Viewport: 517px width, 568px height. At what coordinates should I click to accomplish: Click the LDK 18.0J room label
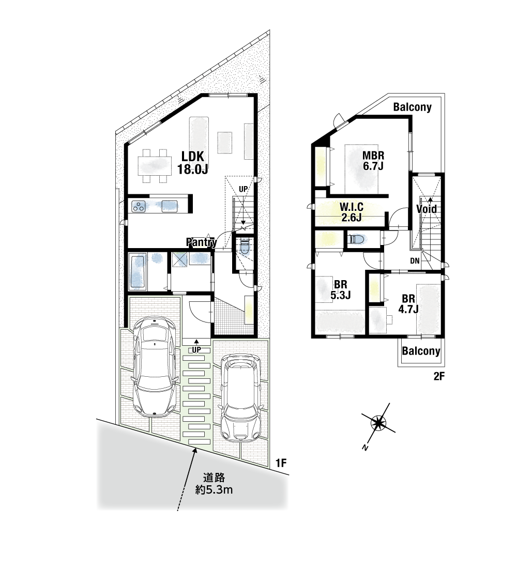click(192, 163)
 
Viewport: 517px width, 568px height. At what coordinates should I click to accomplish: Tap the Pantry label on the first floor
click(202, 242)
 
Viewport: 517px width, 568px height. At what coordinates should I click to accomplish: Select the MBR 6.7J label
click(373, 161)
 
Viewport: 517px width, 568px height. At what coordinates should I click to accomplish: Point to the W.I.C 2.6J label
click(352, 212)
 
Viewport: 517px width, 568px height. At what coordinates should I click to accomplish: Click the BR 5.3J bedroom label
click(341, 290)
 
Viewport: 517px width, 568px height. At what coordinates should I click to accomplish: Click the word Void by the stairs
click(427, 209)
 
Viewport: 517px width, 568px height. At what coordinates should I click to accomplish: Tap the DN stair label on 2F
click(415, 260)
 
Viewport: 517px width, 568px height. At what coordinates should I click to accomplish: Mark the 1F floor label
click(281, 463)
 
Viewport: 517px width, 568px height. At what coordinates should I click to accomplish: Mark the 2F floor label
click(439, 376)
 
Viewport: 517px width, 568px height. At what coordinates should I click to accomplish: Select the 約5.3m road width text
click(214, 490)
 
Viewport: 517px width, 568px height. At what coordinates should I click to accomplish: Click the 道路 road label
click(214, 478)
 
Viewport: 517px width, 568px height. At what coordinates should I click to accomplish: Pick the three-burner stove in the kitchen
click(139, 207)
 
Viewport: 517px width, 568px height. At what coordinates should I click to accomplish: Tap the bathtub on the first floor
click(138, 272)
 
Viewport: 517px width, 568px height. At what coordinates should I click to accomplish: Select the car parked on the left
click(155, 366)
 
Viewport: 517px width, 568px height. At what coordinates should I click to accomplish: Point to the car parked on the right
click(240, 397)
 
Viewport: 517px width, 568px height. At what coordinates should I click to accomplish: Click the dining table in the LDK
click(155, 166)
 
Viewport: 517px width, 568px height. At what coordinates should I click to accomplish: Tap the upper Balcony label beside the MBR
click(412, 107)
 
